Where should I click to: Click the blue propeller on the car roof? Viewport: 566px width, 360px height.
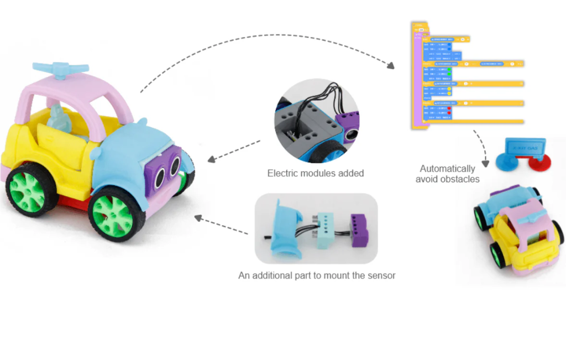(x=61, y=69)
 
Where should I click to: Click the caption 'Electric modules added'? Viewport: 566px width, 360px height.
(x=316, y=173)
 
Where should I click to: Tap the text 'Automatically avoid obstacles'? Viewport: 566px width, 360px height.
(x=447, y=174)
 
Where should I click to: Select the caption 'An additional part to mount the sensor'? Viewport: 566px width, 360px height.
(x=317, y=275)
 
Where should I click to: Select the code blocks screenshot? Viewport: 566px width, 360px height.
(x=465, y=75)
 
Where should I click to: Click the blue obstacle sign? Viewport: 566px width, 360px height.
(x=525, y=148)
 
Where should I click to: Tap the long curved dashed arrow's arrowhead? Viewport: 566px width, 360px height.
(x=391, y=66)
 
